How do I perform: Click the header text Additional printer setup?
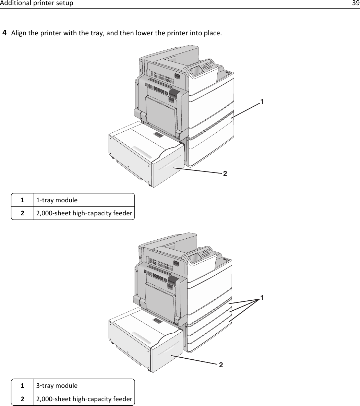tap(37, 3)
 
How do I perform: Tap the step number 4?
tap(5, 33)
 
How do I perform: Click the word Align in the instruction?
tap(18, 34)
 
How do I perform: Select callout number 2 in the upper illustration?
tap(225, 174)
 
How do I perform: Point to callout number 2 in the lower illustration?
tap(221, 365)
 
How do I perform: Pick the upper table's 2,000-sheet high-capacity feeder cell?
tap(84, 213)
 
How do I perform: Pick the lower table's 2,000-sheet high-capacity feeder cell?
tap(84, 399)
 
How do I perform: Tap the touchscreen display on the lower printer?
tap(195, 258)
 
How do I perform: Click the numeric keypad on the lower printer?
tap(206, 253)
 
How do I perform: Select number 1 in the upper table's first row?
tap(22, 200)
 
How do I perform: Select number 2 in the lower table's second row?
tap(22, 399)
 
